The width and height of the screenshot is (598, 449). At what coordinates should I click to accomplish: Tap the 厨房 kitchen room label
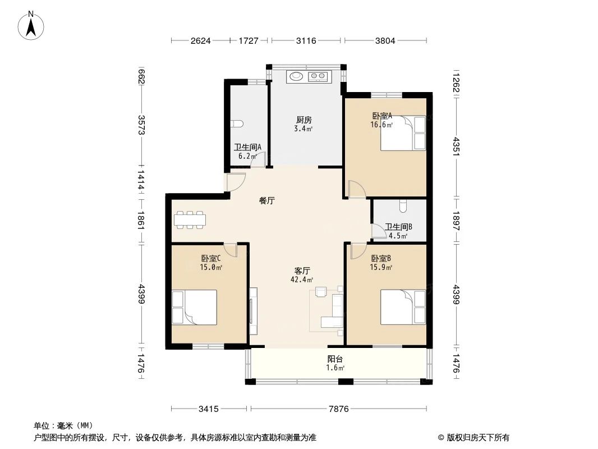303,120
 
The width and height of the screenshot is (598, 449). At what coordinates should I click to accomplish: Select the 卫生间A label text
248,148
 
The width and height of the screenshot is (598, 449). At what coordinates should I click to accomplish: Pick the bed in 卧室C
194,308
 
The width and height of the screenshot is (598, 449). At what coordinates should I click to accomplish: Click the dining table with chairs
190,219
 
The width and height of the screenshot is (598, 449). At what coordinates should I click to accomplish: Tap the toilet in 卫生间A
237,123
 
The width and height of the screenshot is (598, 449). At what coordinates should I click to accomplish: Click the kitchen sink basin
296,76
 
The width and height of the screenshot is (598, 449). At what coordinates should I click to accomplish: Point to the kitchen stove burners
319,76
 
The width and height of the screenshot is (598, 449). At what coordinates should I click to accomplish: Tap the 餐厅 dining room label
266,200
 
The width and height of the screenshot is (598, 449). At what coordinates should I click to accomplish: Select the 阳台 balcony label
335,359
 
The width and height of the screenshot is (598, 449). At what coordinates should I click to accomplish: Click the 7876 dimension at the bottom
338,409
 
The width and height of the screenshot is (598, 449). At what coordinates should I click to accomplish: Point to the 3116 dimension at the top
306,40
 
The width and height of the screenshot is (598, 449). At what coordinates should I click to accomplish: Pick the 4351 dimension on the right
456,149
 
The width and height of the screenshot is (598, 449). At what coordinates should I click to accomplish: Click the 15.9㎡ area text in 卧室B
381,268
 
